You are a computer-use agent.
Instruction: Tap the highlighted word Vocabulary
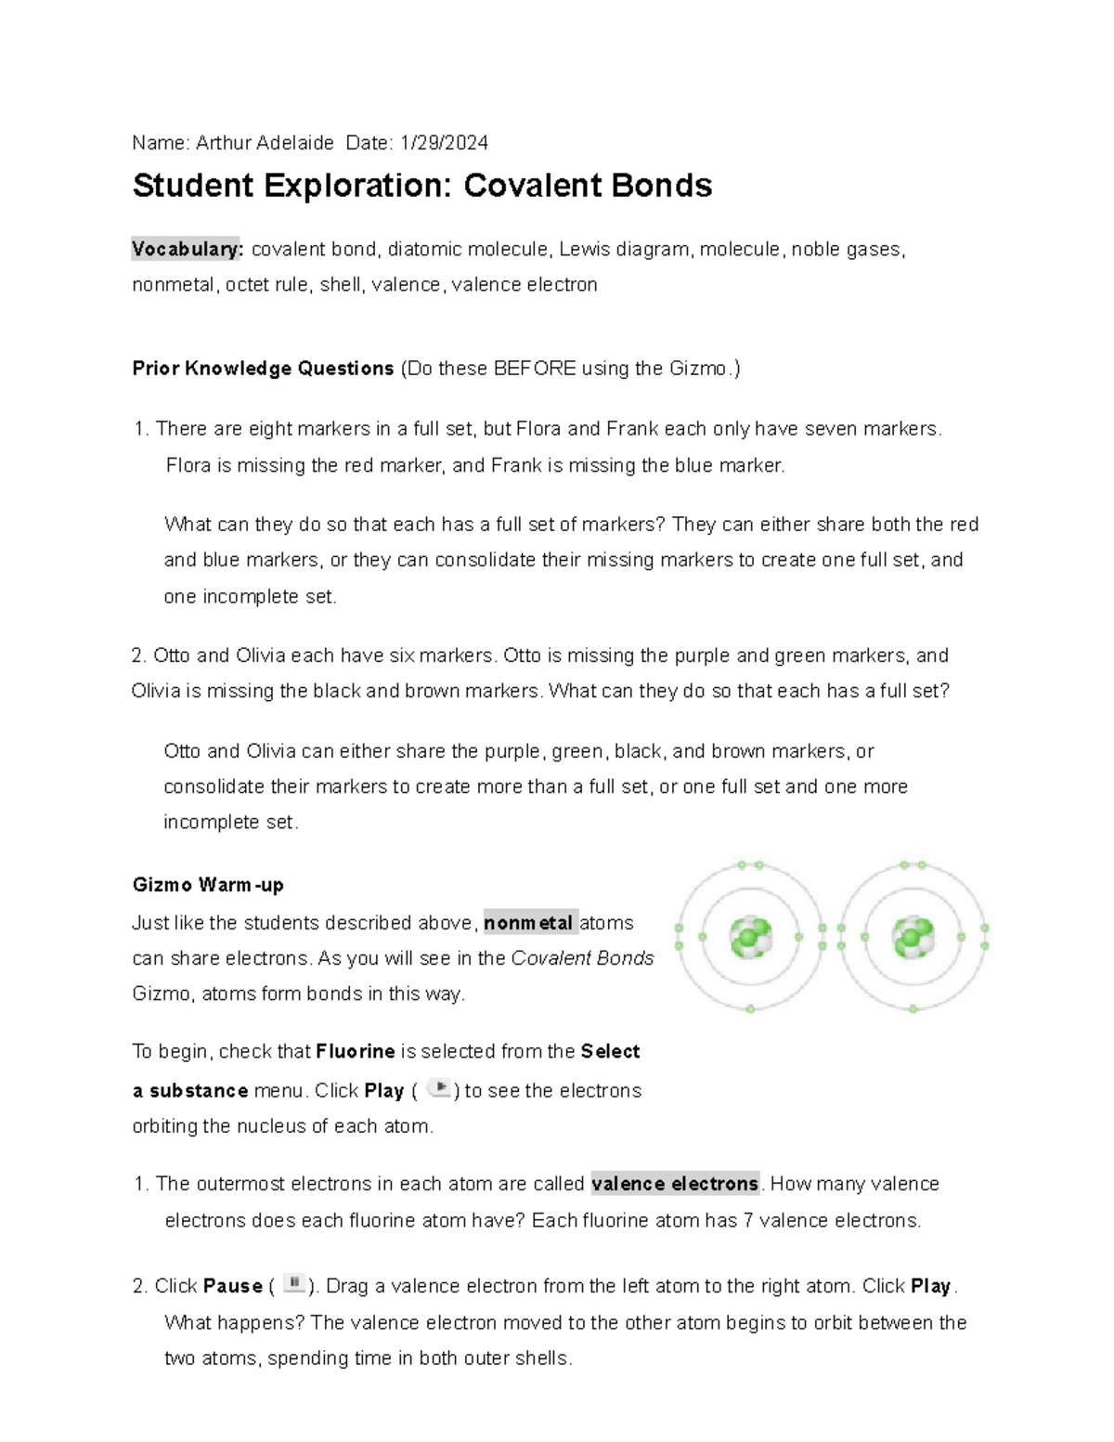pyautogui.click(x=188, y=249)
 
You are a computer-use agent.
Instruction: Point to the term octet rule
pyautogui.click(x=267, y=285)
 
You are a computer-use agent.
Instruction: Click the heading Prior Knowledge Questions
pyautogui.click(x=263, y=369)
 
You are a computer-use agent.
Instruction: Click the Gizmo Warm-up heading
pyautogui.click(x=208, y=885)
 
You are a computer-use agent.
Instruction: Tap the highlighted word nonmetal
pyautogui.click(x=529, y=923)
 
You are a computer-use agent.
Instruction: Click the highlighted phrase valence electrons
pyautogui.click(x=675, y=1184)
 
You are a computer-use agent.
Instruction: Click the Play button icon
pyautogui.click(x=440, y=1088)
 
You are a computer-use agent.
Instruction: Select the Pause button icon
pyautogui.click(x=294, y=1284)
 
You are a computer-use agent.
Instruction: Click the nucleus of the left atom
pyautogui.click(x=749, y=937)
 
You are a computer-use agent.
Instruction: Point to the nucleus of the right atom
pyautogui.click(x=913, y=937)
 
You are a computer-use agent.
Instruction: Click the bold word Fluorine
pyautogui.click(x=356, y=1052)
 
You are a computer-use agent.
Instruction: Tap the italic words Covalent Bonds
pyautogui.click(x=583, y=958)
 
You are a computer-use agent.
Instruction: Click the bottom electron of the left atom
pyautogui.click(x=750, y=1008)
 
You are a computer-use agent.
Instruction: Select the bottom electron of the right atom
pyautogui.click(x=913, y=1008)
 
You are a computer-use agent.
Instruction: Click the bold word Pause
pyautogui.click(x=232, y=1286)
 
